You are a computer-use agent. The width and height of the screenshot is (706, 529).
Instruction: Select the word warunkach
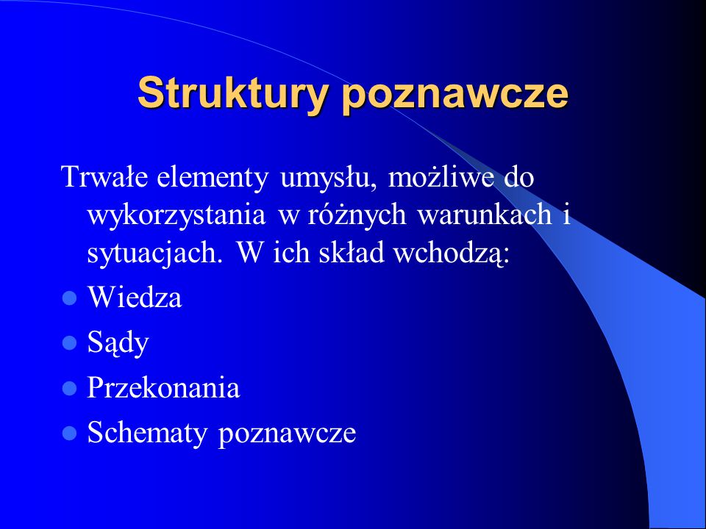click(x=485, y=214)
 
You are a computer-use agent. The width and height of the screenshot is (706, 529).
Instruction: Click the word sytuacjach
click(x=154, y=254)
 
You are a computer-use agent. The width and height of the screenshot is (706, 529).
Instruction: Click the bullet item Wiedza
click(x=135, y=297)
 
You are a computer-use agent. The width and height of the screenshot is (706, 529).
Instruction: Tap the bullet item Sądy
click(x=118, y=344)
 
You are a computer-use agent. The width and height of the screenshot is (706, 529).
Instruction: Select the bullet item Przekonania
click(x=163, y=387)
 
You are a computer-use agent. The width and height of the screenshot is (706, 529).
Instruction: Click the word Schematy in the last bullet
click(x=147, y=433)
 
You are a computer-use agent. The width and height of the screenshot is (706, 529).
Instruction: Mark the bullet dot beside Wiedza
click(x=69, y=298)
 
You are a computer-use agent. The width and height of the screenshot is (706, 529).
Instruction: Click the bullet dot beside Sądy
click(x=69, y=343)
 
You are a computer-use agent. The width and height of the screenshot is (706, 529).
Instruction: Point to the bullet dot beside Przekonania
click(x=69, y=388)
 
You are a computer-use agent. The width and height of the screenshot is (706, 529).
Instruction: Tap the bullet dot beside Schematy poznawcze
click(x=69, y=433)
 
